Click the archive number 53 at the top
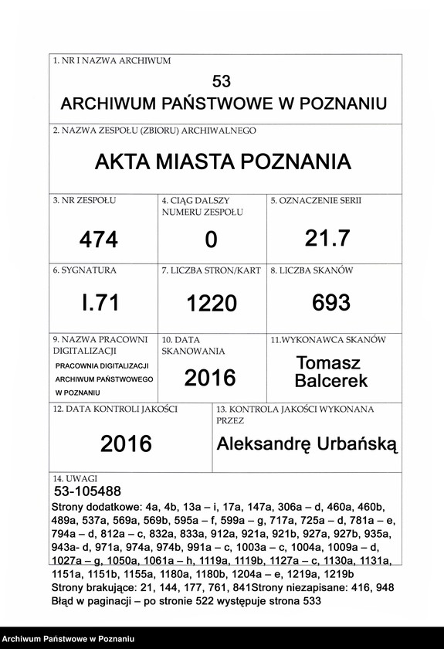221,81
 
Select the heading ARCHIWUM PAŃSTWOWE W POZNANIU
223,104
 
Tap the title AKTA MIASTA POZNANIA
222,162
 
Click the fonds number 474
99,240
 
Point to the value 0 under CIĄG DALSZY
211,241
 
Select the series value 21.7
327,240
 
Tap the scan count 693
331,303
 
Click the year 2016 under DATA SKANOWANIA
210,378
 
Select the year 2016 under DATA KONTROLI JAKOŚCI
126,443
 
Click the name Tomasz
328,363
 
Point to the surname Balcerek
331,381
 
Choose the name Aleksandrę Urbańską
307,443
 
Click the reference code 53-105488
87,491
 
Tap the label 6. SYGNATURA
85,270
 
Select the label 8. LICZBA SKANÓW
311,270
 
